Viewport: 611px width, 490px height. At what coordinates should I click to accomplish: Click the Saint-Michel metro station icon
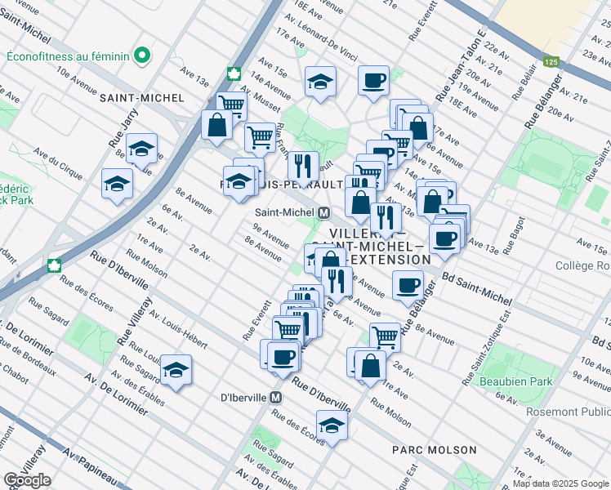(x=324, y=212)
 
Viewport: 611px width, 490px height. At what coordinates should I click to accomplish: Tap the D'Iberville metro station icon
(x=276, y=398)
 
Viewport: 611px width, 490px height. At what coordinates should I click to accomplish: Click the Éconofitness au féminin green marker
(x=143, y=56)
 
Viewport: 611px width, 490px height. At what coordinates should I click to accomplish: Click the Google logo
(x=27, y=480)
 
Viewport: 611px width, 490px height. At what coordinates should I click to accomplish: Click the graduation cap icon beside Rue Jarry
(x=141, y=149)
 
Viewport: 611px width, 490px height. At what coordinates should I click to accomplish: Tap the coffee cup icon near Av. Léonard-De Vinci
(x=374, y=80)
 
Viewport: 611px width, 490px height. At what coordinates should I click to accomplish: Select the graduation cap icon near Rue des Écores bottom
(x=332, y=425)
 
